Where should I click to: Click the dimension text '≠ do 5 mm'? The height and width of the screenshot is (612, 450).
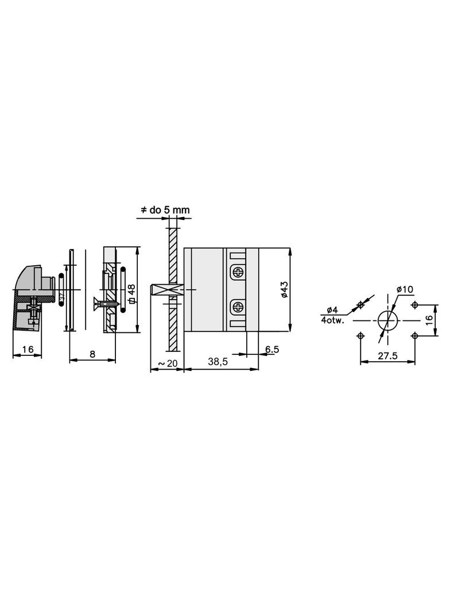165,211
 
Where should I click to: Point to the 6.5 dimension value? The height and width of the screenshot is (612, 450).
272,349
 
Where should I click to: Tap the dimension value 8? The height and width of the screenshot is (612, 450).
92,354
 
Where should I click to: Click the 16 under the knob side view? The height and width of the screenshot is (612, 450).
27,349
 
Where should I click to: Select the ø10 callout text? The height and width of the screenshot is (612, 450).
405,289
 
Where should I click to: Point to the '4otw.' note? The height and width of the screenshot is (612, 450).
333,320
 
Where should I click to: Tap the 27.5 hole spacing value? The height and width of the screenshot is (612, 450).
388,355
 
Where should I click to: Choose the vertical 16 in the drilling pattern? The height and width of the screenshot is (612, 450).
429,320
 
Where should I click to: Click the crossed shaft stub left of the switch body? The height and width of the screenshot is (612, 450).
166,291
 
